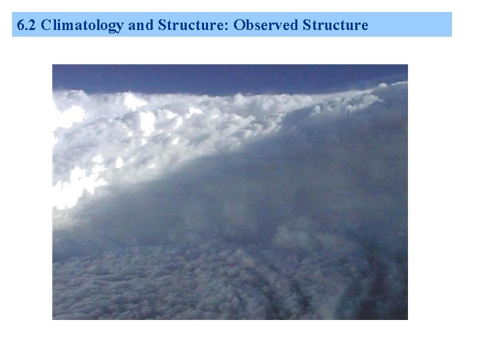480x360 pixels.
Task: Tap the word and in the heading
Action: tap(139, 25)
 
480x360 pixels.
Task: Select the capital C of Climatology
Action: tap(45, 25)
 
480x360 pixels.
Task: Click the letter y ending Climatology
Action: tap(120, 27)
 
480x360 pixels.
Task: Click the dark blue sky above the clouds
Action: tap(200, 77)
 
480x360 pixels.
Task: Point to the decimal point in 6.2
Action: tap(27, 29)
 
